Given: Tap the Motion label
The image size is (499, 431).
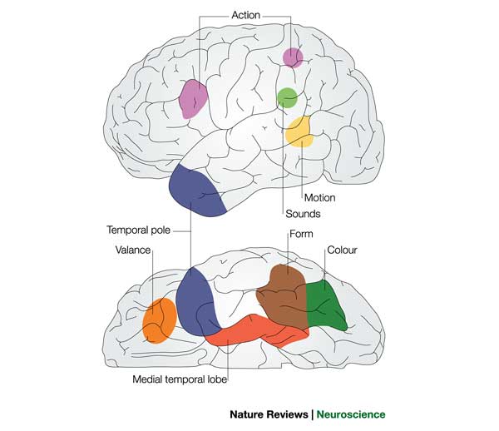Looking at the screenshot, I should (x=319, y=198).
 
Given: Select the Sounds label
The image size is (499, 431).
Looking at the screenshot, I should (x=301, y=214).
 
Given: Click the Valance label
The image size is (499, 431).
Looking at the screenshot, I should (x=131, y=249).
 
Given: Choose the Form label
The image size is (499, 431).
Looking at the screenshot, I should (x=300, y=234).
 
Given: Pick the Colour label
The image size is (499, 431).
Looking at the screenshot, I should (x=342, y=249).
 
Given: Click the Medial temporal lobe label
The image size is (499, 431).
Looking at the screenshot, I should (x=180, y=379).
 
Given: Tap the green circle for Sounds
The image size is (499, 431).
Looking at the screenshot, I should (x=286, y=97).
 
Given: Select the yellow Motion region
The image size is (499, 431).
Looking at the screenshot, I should (x=299, y=132).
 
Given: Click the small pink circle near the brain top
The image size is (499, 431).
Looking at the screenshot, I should (x=293, y=57).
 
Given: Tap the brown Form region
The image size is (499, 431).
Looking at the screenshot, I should (x=284, y=298).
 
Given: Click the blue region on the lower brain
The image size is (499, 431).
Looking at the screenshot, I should (x=196, y=300).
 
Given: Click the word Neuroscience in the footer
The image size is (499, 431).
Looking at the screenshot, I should (x=350, y=414).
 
